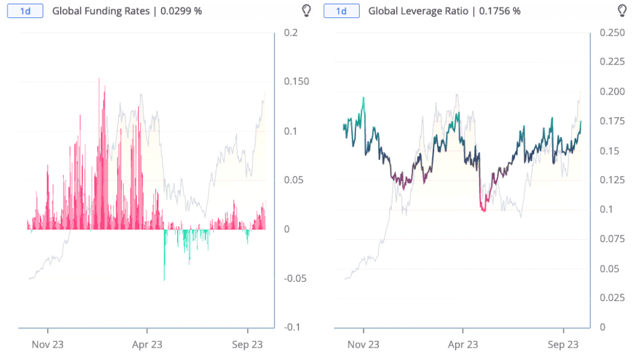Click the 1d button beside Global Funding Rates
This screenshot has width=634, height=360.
pyautogui.click(x=25, y=11)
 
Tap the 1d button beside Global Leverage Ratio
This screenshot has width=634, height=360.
pyautogui.click(x=341, y=11)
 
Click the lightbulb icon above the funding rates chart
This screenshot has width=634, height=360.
pyautogui.click(x=305, y=11)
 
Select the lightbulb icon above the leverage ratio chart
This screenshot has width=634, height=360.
pyautogui.click(x=622, y=11)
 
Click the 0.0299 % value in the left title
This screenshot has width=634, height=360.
pyautogui.click(x=182, y=11)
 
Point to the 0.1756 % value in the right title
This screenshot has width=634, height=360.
pyautogui.click(x=500, y=11)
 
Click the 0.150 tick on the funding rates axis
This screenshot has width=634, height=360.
pyautogui.click(x=295, y=82)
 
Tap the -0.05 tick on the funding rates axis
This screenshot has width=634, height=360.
pyautogui.click(x=294, y=278)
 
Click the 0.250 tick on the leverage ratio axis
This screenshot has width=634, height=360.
pyautogui.click(x=612, y=33)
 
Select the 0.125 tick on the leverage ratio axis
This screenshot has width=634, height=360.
pyautogui.click(x=612, y=180)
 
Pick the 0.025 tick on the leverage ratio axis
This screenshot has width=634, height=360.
pyautogui.click(x=612, y=298)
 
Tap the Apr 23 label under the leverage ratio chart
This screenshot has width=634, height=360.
pyautogui.click(x=463, y=345)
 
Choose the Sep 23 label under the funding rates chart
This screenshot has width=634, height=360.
pyautogui.click(x=248, y=345)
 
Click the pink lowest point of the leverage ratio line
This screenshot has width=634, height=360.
pyautogui.click(x=484, y=211)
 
